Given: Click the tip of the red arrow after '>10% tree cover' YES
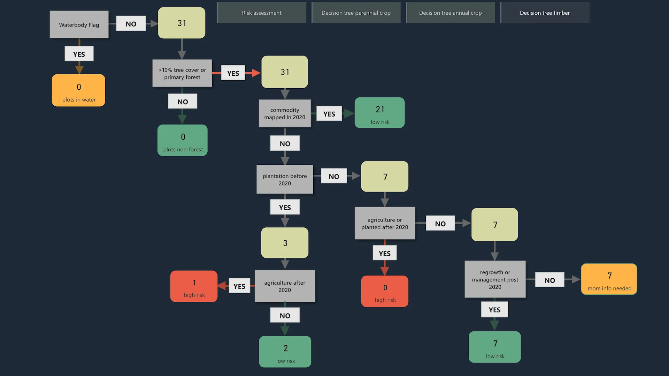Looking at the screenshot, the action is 261,73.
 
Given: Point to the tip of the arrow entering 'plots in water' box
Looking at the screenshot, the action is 79,74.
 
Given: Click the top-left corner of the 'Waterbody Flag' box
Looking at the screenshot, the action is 50,11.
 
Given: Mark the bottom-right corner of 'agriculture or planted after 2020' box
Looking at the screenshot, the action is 415,239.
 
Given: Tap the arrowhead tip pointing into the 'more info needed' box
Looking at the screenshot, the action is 580,279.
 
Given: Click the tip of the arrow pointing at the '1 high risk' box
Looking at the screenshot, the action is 218,286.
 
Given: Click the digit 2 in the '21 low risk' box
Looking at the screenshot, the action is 378,110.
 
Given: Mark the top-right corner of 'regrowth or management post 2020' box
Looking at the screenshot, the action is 525,261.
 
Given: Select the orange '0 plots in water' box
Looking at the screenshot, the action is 78,90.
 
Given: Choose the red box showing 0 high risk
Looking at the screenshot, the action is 385,291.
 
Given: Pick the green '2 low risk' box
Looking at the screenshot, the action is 285,352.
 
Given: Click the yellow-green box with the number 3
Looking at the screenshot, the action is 285,243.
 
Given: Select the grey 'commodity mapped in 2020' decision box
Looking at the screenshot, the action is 285,113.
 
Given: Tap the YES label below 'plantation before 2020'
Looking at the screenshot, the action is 285,207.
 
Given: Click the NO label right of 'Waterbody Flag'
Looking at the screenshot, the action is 131,24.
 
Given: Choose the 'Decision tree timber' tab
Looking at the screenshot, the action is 545,13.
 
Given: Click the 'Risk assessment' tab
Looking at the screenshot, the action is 262,13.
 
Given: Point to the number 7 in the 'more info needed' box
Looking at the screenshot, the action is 609,276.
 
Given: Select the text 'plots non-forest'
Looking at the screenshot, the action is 183,149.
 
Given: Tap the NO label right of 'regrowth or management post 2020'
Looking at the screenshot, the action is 549,280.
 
